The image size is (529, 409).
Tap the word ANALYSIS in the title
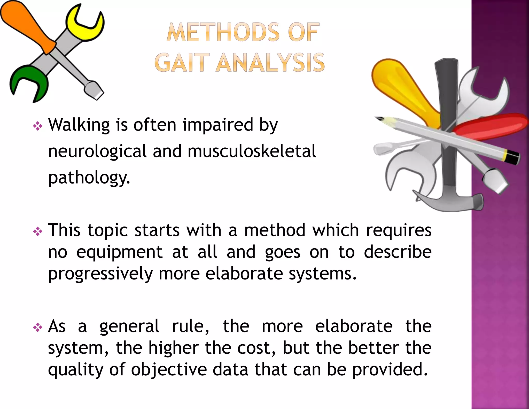pos(270,63)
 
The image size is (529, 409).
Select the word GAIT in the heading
pos(182,63)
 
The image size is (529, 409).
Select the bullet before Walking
pos(38,126)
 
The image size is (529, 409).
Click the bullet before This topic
pos(38,231)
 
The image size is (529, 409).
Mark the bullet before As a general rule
pos(38,328)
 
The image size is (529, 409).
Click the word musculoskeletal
pos(252,151)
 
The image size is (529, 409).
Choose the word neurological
pos(97,152)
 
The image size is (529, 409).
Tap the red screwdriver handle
pos(491,127)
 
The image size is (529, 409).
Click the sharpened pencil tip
pos(380,119)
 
